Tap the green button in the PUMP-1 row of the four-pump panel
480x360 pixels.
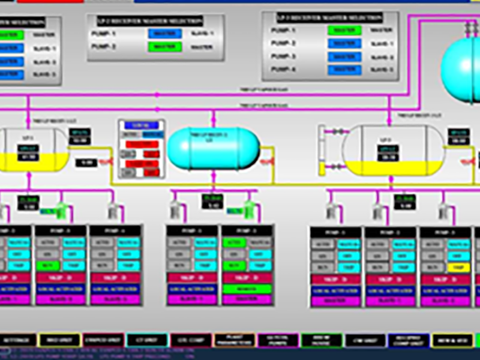coord(344,29)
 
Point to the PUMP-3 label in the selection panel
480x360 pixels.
coord(284,57)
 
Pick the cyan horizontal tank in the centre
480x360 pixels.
coord(214,148)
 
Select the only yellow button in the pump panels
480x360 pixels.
coord(457,267)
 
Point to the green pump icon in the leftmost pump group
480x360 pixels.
coord(61,209)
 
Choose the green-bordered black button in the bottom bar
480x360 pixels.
coord(322,341)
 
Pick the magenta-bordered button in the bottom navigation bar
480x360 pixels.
coord(277,341)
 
